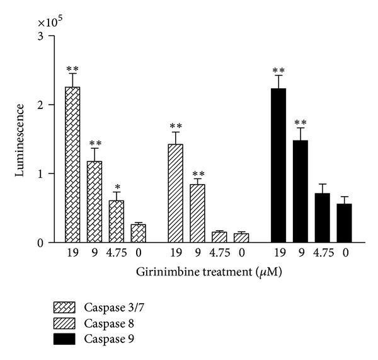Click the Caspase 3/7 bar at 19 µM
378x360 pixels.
(x=72, y=165)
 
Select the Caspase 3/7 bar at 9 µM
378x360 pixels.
(x=94, y=202)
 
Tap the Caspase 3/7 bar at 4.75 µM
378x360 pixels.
(x=116, y=221)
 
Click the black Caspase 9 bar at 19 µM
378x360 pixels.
(x=278, y=166)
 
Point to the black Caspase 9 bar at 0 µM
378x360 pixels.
(x=344, y=223)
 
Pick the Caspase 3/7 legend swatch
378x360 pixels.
(x=66, y=308)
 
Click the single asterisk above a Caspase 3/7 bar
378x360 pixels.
(x=116, y=189)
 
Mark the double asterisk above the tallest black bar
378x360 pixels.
(x=278, y=71)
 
